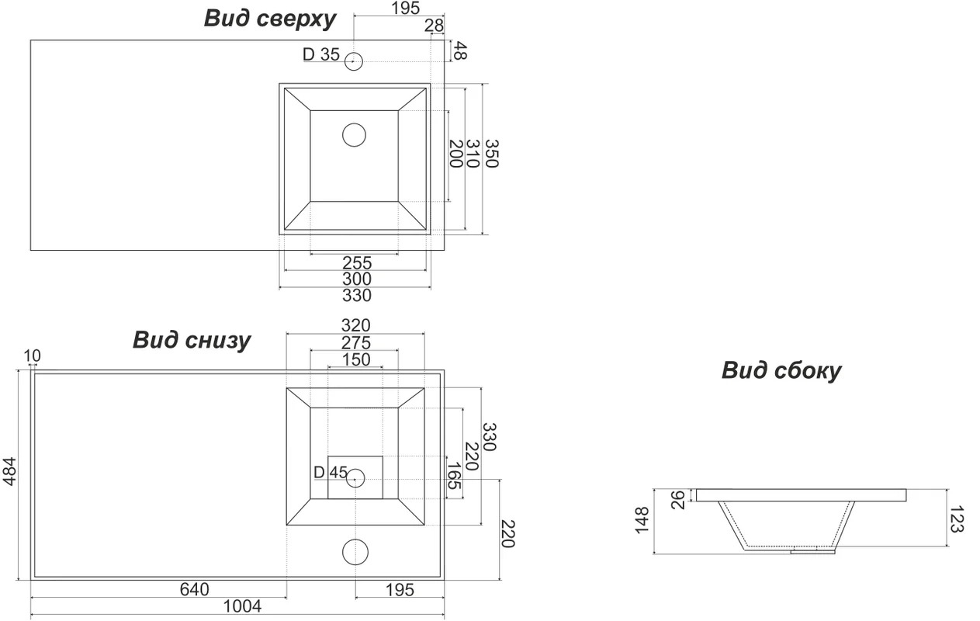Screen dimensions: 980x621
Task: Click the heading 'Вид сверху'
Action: coord(269,19)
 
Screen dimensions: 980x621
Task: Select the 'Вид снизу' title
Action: coord(192,341)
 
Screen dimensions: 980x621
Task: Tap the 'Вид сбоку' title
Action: coord(781,370)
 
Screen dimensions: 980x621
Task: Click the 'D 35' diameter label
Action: coord(320,54)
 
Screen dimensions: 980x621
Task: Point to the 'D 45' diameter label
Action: coord(331,473)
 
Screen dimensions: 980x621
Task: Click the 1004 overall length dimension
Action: coord(242,606)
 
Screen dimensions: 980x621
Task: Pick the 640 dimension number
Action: coord(194,590)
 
